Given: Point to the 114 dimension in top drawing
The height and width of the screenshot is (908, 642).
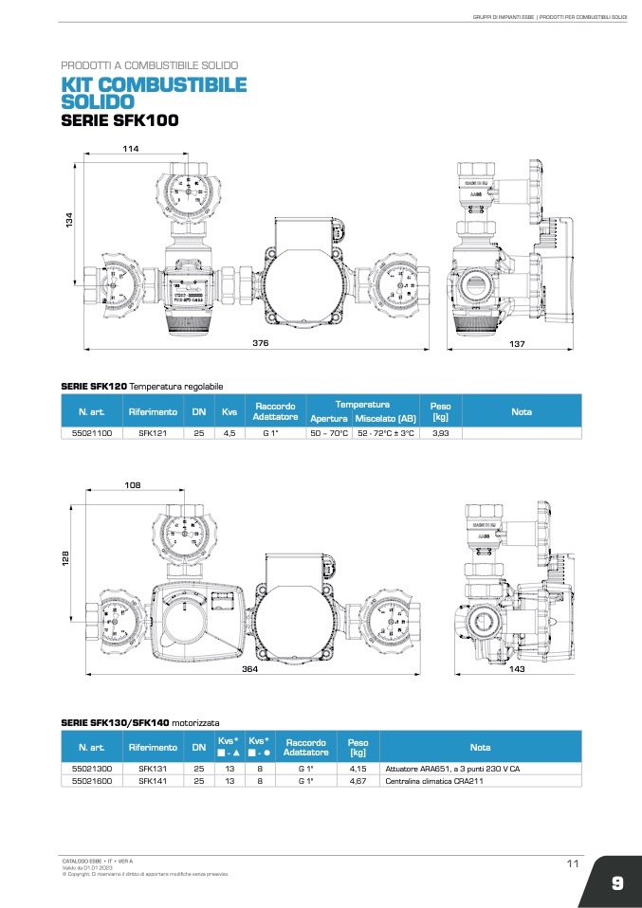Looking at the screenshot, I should pyautogui.click(x=131, y=149).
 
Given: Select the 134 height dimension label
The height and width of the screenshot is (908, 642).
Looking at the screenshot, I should pyautogui.click(x=68, y=218).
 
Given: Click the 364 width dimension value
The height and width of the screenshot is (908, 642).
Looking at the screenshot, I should pyautogui.click(x=249, y=670).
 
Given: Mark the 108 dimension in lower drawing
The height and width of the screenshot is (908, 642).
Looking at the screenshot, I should pyautogui.click(x=133, y=485).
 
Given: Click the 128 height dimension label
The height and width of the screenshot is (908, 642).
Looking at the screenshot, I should pyautogui.click(x=68, y=561).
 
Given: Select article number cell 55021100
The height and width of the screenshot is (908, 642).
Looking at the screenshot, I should pyautogui.click(x=92, y=432).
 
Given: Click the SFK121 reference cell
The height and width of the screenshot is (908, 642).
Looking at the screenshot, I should pyautogui.click(x=153, y=432).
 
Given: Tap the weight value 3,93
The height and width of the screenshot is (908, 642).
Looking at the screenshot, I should pyautogui.click(x=440, y=432).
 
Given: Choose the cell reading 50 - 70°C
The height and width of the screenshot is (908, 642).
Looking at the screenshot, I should pyautogui.click(x=329, y=432).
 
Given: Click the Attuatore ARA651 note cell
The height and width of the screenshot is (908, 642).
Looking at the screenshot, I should pyautogui.click(x=452, y=768).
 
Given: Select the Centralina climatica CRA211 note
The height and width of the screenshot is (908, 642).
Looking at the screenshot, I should pyautogui.click(x=429, y=781).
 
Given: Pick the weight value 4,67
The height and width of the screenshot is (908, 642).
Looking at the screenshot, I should pyautogui.click(x=358, y=781).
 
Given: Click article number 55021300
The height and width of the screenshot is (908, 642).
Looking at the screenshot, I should pyautogui.click(x=92, y=768).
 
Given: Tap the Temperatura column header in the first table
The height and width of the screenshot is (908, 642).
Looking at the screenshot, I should pyautogui.click(x=363, y=405).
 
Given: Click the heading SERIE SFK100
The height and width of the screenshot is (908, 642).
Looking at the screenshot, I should pyautogui.click(x=119, y=121).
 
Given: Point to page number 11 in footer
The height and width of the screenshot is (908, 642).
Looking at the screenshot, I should pyautogui.click(x=572, y=863).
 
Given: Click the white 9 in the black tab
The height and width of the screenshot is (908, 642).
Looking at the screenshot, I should pyautogui.click(x=616, y=883).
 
